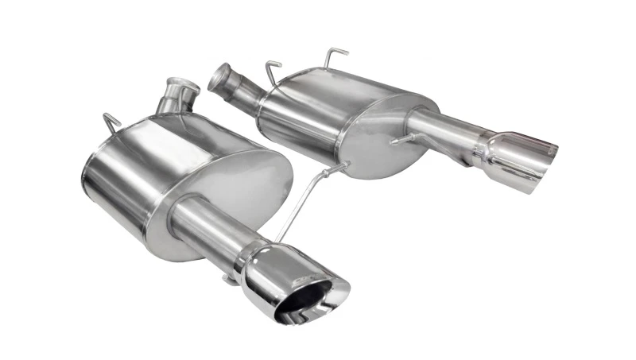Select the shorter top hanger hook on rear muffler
pyautogui.click(x=273, y=68)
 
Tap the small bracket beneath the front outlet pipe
pyautogui.click(x=230, y=277)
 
